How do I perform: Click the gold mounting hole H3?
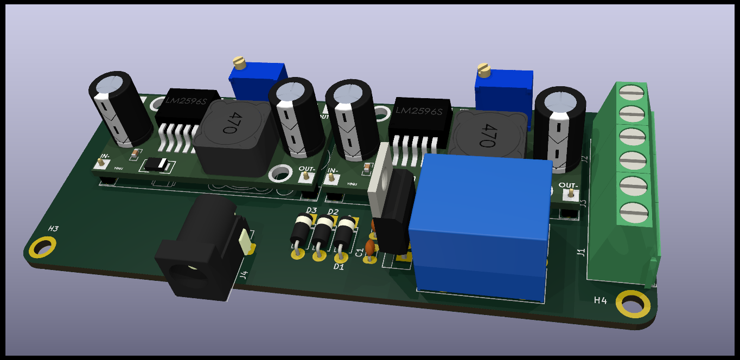[43, 248]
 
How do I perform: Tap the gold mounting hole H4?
[632, 305]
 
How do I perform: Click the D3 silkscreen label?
[311, 210]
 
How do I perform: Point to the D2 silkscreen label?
[333, 211]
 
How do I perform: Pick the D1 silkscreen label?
[339, 266]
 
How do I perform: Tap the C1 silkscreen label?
[359, 252]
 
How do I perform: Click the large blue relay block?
[480, 228]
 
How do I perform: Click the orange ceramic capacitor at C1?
[370, 248]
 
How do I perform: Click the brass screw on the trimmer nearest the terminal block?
[483, 69]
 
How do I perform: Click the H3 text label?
[53, 229]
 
